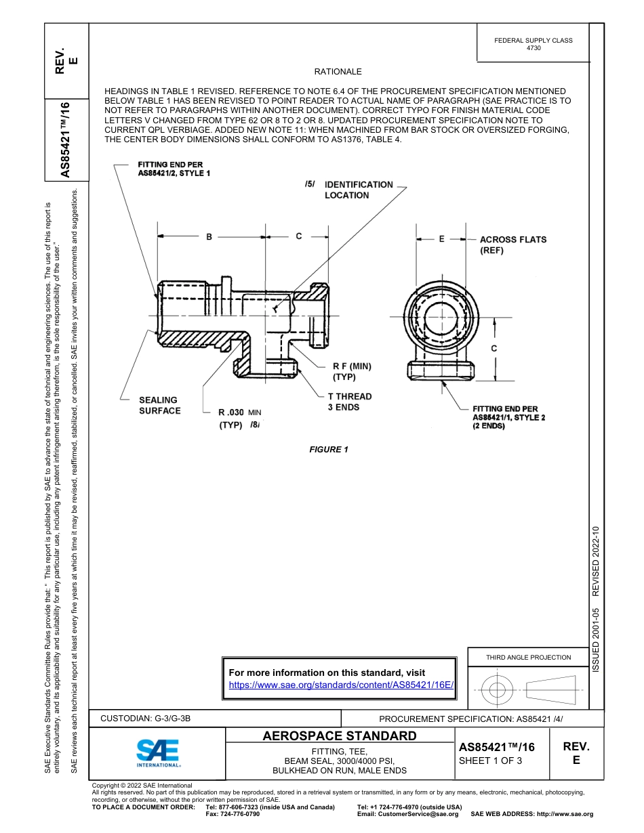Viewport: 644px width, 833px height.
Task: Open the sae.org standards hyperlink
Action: [x=341, y=685]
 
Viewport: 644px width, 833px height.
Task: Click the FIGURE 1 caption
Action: [x=329, y=450]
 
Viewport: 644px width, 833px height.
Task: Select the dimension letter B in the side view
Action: [x=209, y=236]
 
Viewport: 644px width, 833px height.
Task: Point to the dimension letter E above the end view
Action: [x=441, y=239]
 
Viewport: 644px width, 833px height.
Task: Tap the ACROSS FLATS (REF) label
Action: [x=512, y=244]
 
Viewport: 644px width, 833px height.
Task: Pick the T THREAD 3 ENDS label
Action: [x=350, y=402]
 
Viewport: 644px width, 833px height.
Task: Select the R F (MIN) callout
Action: [x=352, y=371]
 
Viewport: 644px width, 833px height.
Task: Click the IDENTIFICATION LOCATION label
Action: [x=359, y=190]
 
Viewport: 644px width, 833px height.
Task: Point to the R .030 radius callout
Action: [x=239, y=419]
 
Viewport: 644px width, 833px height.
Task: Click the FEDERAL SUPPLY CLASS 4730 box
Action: [x=534, y=44]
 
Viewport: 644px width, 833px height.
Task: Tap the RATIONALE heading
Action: [x=338, y=72]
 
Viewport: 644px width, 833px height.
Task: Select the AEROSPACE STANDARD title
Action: [x=340, y=735]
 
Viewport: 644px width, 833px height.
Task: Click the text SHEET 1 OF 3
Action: [x=490, y=760]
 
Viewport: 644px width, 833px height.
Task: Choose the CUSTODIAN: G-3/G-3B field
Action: [x=150, y=718]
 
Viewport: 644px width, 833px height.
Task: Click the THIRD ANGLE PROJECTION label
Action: [x=529, y=657]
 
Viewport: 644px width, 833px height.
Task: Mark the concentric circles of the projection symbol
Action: [x=498, y=690]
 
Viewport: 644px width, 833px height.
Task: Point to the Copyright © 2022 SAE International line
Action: [x=142, y=786]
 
